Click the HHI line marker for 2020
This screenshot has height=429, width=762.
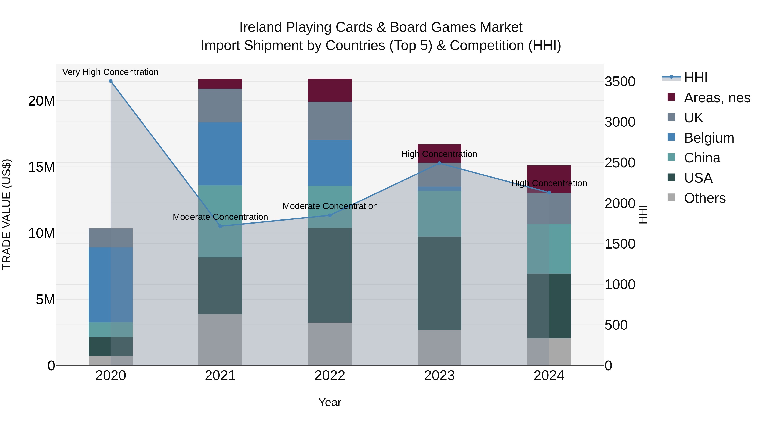111,81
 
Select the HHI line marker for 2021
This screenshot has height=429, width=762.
220,226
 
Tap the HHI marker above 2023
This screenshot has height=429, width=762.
439,163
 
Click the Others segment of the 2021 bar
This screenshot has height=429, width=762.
220,340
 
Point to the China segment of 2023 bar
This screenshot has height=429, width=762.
439,214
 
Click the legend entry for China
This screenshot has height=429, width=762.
702,158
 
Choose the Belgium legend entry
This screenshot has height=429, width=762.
709,138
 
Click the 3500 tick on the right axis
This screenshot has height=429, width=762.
620,82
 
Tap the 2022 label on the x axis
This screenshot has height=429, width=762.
330,376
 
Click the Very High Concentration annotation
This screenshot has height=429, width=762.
110,72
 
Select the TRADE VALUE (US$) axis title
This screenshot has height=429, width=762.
7,214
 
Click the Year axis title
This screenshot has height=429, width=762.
330,402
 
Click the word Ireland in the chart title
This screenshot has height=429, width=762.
260,27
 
